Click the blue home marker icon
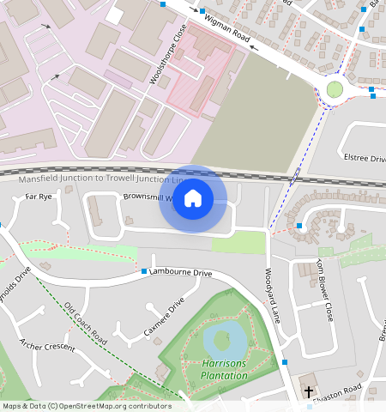(193, 198)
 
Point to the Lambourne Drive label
(180, 272)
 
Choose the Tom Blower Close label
(324, 290)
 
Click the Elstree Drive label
(365, 158)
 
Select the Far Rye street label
(39, 197)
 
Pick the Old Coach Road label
(85, 322)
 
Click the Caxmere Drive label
(164, 318)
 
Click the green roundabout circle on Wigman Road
(335, 88)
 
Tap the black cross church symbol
(309, 391)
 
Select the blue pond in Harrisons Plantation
(224, 342)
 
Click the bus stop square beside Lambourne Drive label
(144, 271)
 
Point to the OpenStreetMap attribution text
(86, 406)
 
